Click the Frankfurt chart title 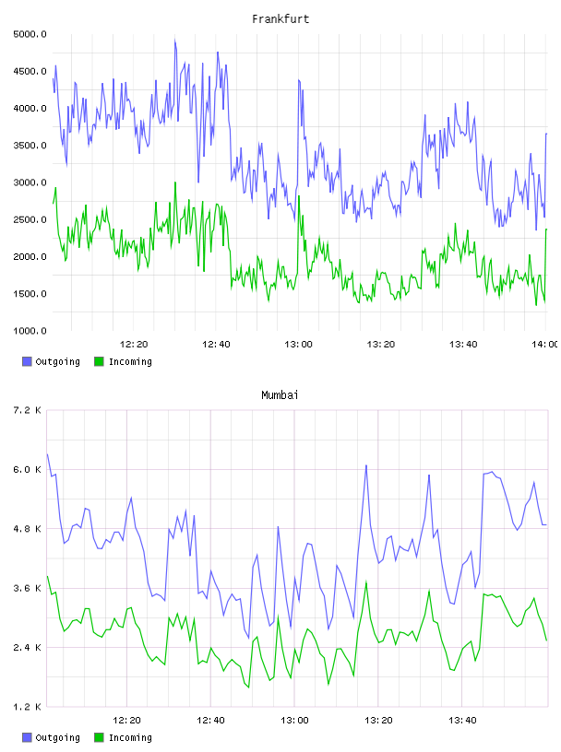click(280, 19)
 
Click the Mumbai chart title click(280, 395)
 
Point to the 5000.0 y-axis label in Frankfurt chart click(30, 34)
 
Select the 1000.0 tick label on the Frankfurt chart click(30, 331)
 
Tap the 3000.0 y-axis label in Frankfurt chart click(30, 182)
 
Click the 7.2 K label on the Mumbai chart click(27, 410)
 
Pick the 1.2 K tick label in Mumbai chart click(27, 707)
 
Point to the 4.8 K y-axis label click(27, 529)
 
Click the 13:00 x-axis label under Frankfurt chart click(298, 345)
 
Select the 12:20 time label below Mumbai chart click(126, 721)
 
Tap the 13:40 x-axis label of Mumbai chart click(462, 721)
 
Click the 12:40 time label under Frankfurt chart click(216, 345)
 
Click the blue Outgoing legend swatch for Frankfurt click(27, 361)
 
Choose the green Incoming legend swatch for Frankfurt click(99, 361)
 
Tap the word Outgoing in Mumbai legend click(57, 737)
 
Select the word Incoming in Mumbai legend click(130, 737)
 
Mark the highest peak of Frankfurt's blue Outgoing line click(174, 41)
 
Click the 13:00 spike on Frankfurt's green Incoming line click(299, 196)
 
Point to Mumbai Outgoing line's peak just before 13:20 click(366, 465)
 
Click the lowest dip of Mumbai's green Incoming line click(249, 687)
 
